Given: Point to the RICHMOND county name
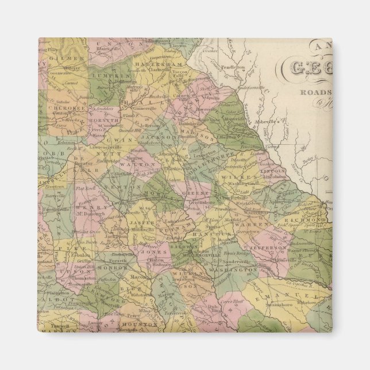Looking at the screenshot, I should pyautogui.click(x=310, y=220).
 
